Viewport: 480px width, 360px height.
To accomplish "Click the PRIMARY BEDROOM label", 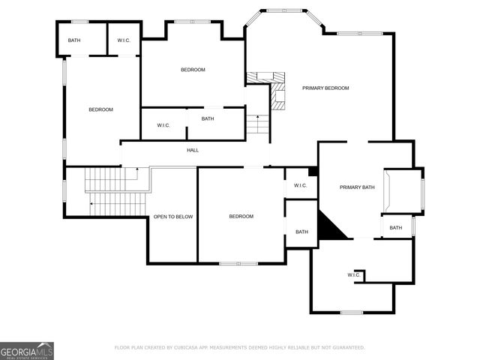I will pyautogui.click(x=325, y=88).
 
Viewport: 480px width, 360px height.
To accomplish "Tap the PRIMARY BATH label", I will pyautogui.click(x=357, y=187).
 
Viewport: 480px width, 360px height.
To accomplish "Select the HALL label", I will pyautogui.click(x=193, y=151).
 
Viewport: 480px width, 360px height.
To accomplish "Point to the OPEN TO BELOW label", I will pyautogui.click(x=173, y=217).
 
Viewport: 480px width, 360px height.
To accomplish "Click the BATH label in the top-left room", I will pyautogui.click(x=74, y=40).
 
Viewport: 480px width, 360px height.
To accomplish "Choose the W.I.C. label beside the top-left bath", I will pyautogui.click(x=124, y=40).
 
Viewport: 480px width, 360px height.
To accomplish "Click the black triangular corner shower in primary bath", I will pyautogui.click(x=328, y=227).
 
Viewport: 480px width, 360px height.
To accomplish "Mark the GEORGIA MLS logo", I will pyautogui.click(x=27, y=350).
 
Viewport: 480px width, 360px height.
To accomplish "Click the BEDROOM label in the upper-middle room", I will pyautogui.click(x=193, y=70).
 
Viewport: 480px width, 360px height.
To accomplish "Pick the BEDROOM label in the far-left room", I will pyautogui.click(x=100, y=110).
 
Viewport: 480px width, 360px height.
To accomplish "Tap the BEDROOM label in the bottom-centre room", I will pyautogui.click(x=241, y=217).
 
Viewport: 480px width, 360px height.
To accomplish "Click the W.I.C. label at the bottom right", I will pyautogui.click(x=355, y=276).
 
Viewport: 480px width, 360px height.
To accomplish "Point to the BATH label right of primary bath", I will pyautogui.click(x=395, y=228).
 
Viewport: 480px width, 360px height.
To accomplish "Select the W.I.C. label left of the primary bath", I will pyautogui.click(x=300, y=186).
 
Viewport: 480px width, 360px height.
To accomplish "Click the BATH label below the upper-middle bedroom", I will pyautogui.click(x=208, y=118).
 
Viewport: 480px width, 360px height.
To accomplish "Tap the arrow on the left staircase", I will pyautogui.click(x=91, y=203).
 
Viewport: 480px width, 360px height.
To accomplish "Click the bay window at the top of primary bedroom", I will pyautogui.click(x=284, y=10).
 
